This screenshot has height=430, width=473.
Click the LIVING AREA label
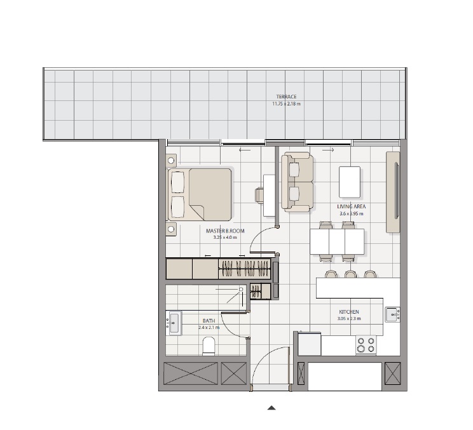tap(351, 207)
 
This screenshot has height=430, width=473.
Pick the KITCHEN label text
tap(349, 312)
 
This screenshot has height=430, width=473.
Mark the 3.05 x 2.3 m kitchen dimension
tap(349, 318)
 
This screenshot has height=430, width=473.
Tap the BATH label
tap(209, 321)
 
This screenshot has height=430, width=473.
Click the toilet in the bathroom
tap(209, 346)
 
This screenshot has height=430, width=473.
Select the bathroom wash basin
tap(174, 323)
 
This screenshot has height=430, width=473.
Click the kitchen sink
tap(392, 314)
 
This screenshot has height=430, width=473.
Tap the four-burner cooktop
tap(366, 345)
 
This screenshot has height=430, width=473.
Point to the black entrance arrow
tap(271, 408)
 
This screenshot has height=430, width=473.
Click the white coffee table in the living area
tap(350, 182)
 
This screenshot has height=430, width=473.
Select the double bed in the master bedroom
tap(200, 194)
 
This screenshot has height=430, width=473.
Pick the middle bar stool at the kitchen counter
tap(350, 274)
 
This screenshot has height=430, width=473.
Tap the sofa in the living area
tap(296, 182)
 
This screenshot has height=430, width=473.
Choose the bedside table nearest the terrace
tap(170, 159)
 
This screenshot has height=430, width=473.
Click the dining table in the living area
tap(337, 241)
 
